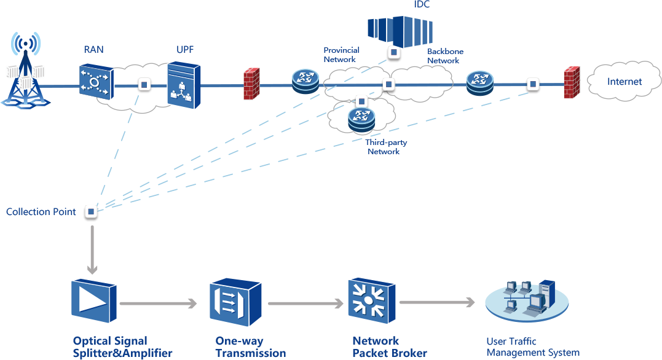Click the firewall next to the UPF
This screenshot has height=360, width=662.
(x=251, y=84)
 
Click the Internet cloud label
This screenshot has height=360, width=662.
(x=624, y=82)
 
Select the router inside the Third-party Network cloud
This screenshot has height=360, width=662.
(x=361, y=119)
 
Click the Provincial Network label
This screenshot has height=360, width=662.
(x=341, y=55)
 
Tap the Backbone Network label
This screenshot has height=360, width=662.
(x=445, y=56)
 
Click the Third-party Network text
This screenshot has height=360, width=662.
(x=385, y=147)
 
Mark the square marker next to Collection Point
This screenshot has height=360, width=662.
(x=91, y=212)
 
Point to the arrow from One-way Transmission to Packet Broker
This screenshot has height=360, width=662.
(x=305, y=303)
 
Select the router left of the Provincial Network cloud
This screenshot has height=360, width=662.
(x=305, y=80)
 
